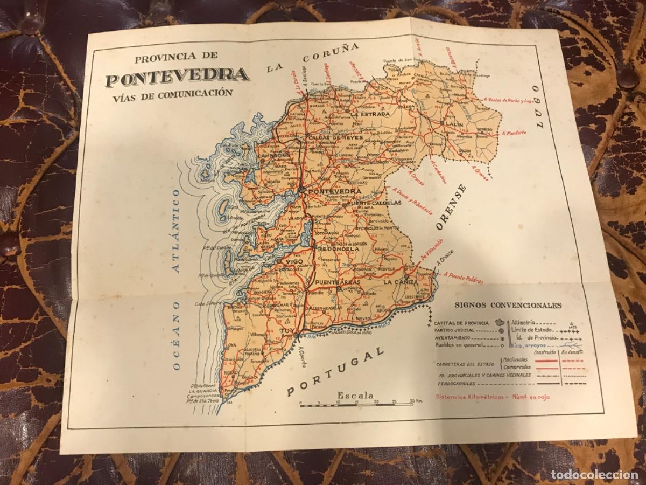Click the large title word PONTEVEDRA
click(177, 77)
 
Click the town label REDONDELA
click(339, 250)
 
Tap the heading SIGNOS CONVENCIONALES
click(508, 305)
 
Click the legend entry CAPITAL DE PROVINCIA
click(461, 323)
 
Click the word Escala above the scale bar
click(355, 395)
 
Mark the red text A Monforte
click(514, 133)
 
